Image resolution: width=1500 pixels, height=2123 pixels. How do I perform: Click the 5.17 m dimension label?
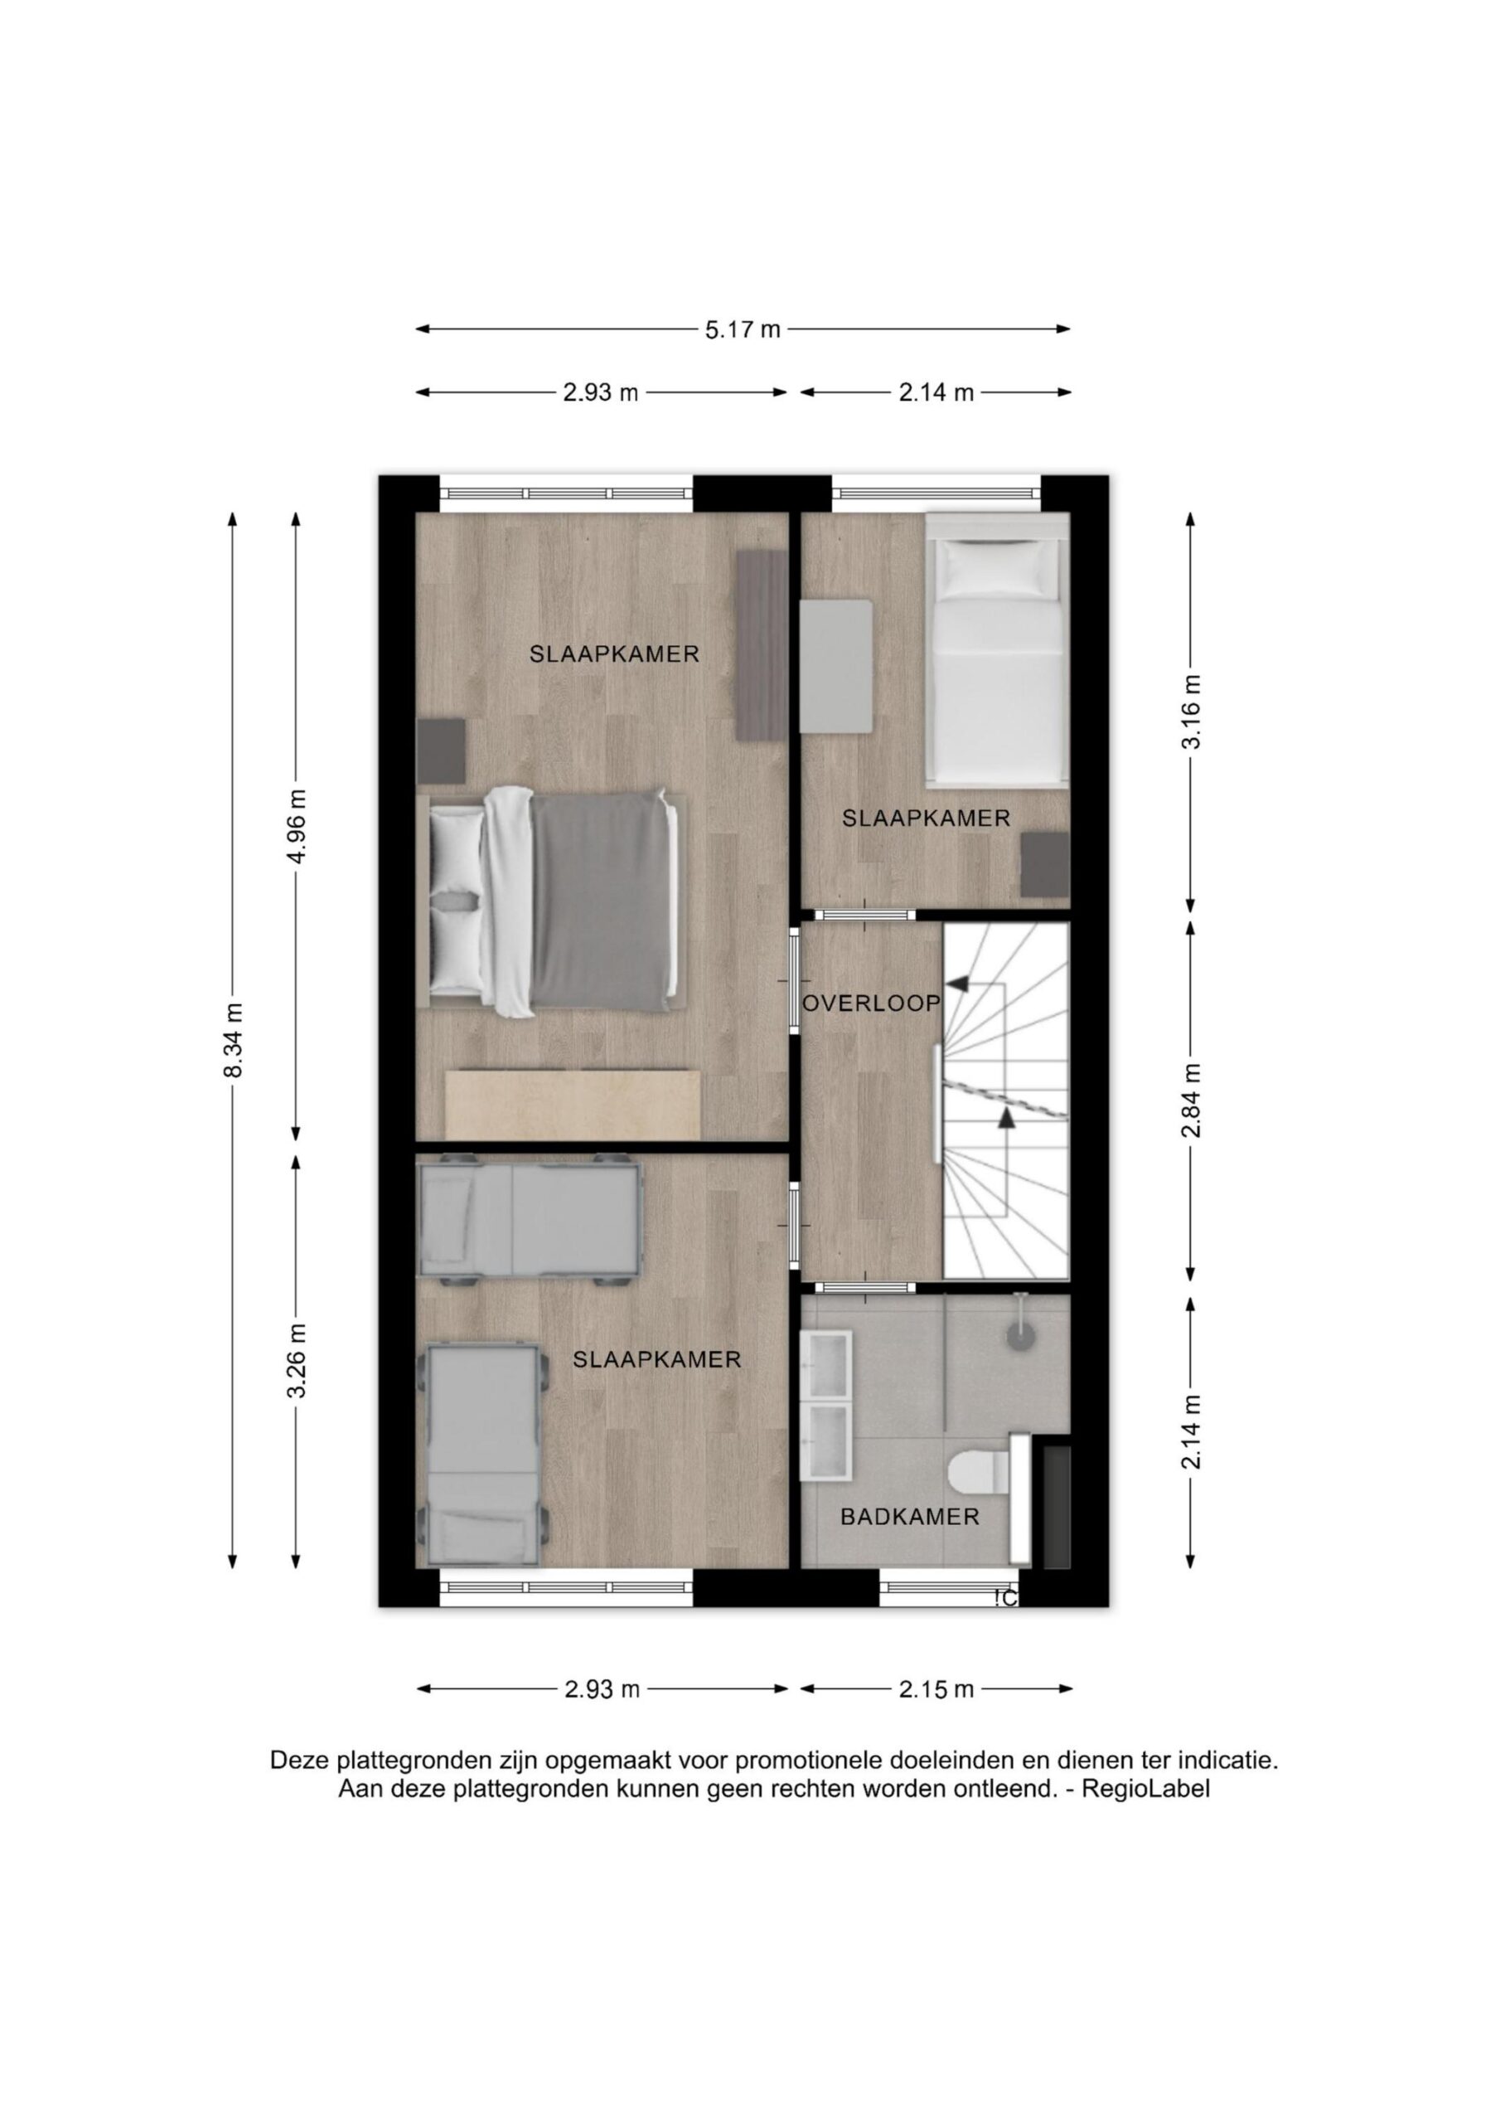pos(743,329)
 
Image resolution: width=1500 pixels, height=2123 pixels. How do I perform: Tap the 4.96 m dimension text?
pos(296,826)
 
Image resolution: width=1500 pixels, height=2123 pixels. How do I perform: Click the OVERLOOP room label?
pos(871,1003)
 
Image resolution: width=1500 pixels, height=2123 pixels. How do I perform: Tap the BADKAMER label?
pos(909,1518)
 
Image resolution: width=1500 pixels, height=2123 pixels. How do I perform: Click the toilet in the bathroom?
pos(980,1472)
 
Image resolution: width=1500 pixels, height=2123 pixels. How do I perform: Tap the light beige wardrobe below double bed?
pos(572,1104)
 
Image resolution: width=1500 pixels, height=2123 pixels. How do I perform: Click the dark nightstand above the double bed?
pos(441,751)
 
